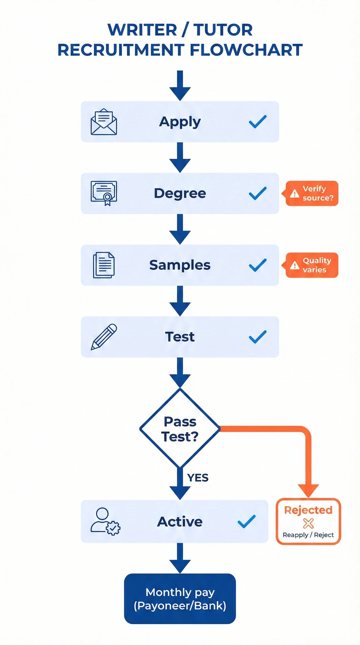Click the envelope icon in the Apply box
[x=104, y=122]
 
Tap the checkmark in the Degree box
[x=258, y=193]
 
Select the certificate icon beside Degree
[x=104, y=193]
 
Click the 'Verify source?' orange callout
[x=312, y=193]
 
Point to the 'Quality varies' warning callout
[x=312, y=265]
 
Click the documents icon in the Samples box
[x=104, y=265]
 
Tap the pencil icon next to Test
[x=104, y=337]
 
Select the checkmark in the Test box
[x=258, y=337]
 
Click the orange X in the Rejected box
[x=308, y=523]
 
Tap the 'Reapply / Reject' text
[x=308, y=535]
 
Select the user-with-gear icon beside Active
[x=105, y=521]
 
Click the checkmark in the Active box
[x=247, y=521]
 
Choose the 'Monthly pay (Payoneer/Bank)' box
[x=180, y=599]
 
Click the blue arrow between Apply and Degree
[x=180, y=157]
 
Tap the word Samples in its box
[x=180, y=265]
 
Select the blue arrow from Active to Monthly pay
[x=180, y=558]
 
